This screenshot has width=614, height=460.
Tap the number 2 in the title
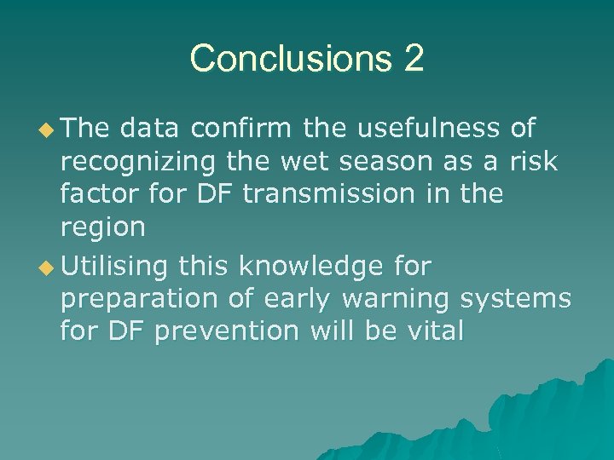[413, 59]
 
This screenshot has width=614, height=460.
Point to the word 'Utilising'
[115, 267]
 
